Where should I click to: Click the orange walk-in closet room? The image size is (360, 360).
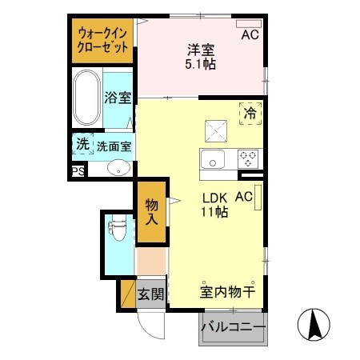[x=102, y=42]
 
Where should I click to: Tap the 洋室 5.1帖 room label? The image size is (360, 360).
[x=198, y=55]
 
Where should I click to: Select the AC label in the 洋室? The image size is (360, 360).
[x=250, y=35]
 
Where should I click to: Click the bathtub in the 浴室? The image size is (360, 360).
[x=86, y=98]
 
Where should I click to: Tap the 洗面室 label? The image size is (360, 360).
[x=114, y=146]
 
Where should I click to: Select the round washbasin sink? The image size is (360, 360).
[x=118, y=168]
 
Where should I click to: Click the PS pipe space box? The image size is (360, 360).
[x=78, y=171]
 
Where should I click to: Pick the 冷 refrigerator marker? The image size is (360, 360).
[x=250, y=114]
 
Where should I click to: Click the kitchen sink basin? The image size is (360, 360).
[x=214, y=158]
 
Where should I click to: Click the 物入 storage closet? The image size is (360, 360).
[x=151, y=212]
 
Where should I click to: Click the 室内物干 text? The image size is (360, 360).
[x=226, y=292]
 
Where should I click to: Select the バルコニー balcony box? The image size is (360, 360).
[x=233, y=326]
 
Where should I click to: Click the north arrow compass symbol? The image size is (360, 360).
[x=314, y=325]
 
